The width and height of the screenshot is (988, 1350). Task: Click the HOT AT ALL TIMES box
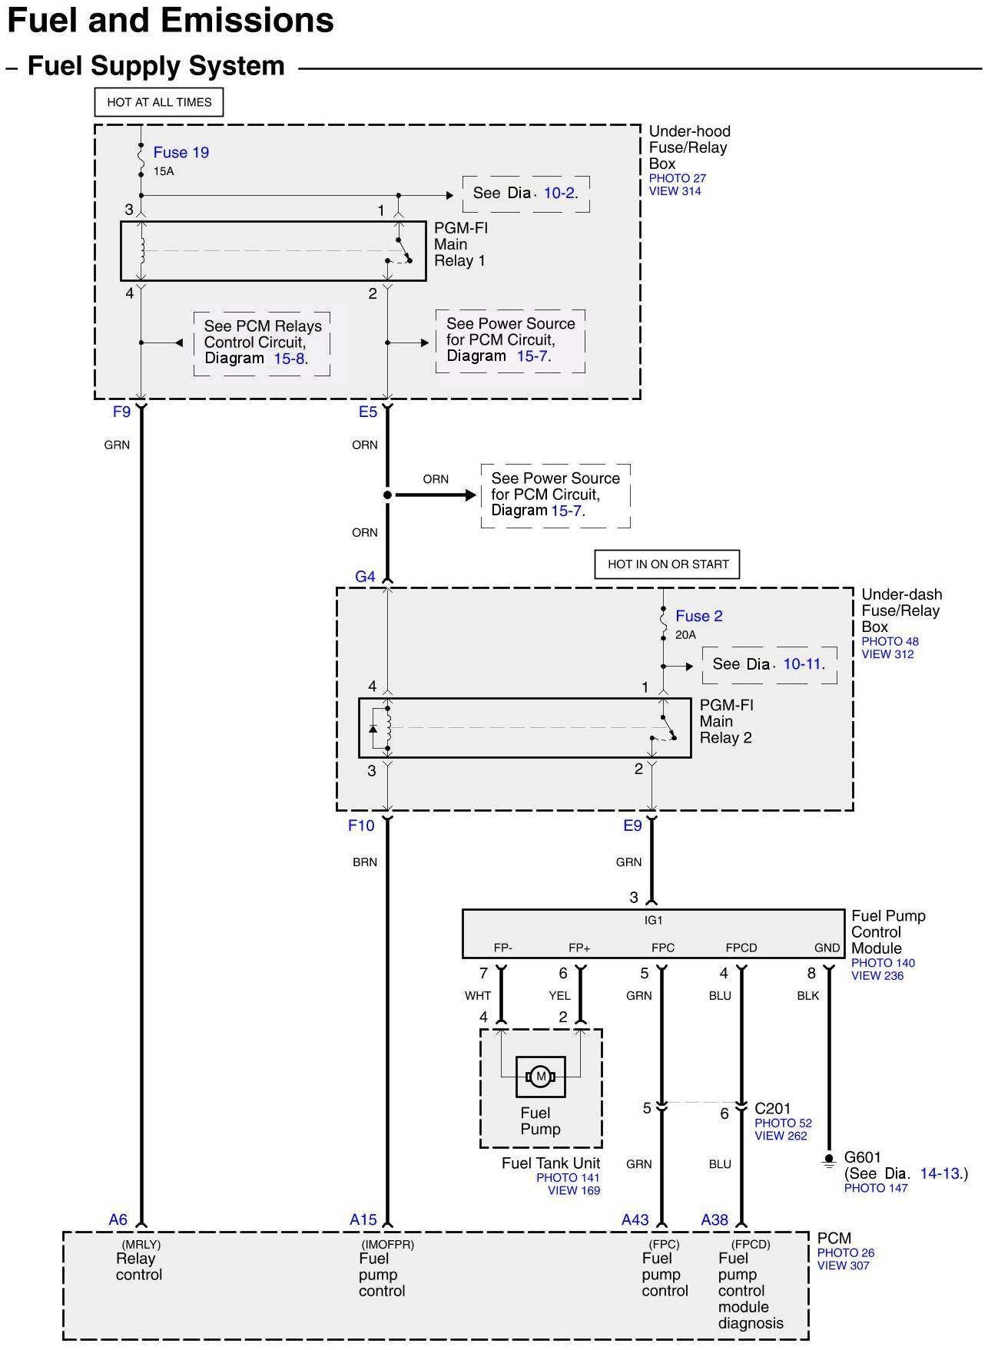(159, 102)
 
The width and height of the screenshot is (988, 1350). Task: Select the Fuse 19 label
(181, 152)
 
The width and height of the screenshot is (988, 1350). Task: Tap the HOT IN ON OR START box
(668, 564)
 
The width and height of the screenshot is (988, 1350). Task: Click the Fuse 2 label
(699, 616)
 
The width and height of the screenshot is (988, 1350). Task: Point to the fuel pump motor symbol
(541, 1077)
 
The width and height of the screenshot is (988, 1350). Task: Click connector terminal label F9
(121, 412)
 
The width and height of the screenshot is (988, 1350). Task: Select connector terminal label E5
(368, 412)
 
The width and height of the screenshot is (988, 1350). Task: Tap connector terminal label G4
(365, 576)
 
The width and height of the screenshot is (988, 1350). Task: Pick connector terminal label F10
(361, 826)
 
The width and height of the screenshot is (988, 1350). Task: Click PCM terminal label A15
(363, 1219)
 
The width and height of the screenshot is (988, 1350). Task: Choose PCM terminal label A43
(635, 1219)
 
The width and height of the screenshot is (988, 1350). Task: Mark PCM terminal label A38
(714, 1219)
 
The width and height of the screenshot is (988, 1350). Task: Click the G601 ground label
(863, 1157)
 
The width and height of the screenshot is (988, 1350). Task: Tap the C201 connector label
(772, 1108)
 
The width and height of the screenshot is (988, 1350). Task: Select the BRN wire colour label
(365, 862)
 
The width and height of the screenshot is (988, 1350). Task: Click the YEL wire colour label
(559, 995)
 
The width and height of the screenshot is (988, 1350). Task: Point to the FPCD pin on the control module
(741, 948)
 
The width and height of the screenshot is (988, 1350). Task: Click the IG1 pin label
(653, 920)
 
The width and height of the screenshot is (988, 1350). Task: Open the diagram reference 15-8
(290, 359)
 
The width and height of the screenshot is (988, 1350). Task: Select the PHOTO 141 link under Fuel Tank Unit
(568, 1177)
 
